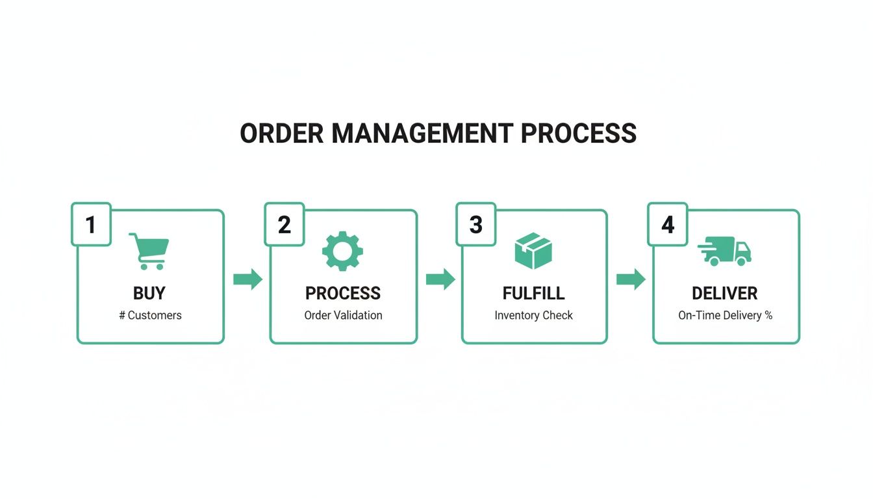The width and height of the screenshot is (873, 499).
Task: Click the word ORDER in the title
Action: click(282, 133)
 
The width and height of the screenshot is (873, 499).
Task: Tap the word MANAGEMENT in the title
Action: click(422, 133)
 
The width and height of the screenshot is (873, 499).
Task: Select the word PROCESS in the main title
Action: click(578, 133)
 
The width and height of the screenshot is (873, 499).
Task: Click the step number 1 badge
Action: click(91, 225)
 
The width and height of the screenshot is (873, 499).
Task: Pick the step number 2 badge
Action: click(284, 225)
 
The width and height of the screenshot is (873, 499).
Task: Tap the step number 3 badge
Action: click(476, 225)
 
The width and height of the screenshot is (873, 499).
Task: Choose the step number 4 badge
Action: click(668, 225)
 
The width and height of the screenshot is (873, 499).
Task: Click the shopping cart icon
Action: click(149, 251)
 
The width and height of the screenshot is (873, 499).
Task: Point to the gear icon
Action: click(343, 251)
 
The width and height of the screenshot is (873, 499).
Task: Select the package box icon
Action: click(533, 251)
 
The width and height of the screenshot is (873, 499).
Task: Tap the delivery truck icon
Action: click(725, 251)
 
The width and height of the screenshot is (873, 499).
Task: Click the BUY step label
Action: click(149, 293)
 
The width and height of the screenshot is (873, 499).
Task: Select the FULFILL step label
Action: click(534, 293)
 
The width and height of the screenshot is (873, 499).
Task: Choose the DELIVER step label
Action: click(725, 293)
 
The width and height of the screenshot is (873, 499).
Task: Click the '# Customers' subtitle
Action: click(150, 316)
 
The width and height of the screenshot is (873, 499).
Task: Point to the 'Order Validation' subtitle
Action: click(343, 316)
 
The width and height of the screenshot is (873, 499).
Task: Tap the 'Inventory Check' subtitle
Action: click(534, 316)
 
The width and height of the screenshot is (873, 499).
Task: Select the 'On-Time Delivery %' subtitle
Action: click(725, 316)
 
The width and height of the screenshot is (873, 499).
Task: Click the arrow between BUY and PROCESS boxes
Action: click(247, 279)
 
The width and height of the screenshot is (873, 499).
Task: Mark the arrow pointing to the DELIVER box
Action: click(631, 279)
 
